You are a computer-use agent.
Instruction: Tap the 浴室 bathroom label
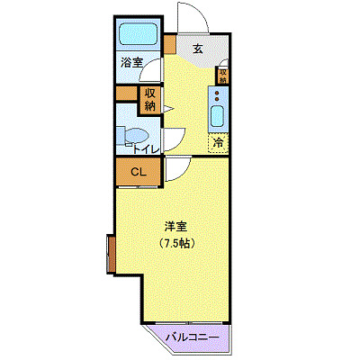[132, 64]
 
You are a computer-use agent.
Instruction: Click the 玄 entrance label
[197, 49]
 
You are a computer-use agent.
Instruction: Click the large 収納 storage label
[149, 98]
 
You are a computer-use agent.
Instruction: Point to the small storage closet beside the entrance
[222, 74]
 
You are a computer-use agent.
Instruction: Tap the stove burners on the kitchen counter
[217, 94]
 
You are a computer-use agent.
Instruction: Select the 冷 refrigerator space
[218, 142]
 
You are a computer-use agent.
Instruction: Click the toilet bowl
[131, 136]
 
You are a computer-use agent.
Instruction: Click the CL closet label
[139, 172]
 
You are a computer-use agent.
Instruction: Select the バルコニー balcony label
[193, 337]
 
